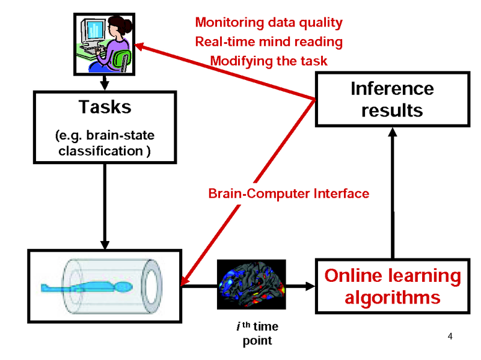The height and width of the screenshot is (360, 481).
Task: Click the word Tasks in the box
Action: click(x=105, y=107)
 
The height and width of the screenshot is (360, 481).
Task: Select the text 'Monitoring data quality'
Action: click(x=269, y=23)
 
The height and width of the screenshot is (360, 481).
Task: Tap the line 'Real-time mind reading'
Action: click(x=269, y=42)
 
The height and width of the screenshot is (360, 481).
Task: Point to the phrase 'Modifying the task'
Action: click(x=269, y=61)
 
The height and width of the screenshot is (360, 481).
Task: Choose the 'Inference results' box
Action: click(x=392, y=99)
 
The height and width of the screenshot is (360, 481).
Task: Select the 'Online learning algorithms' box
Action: click(x=392, y=286)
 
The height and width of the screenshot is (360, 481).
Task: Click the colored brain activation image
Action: click(x=251, y=284)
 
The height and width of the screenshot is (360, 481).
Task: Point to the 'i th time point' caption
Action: click(x=257, y=334)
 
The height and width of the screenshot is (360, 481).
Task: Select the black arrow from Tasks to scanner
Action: click(x=105, y=204)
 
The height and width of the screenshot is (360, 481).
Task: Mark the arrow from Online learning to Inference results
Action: click(x=392, y=192)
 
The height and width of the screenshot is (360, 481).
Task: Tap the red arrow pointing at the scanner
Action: click(x=247, y=192)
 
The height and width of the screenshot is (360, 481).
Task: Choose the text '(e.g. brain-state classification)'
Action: click(x=105, y=143)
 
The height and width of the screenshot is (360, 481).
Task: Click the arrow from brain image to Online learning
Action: click(x=301, y=284)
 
